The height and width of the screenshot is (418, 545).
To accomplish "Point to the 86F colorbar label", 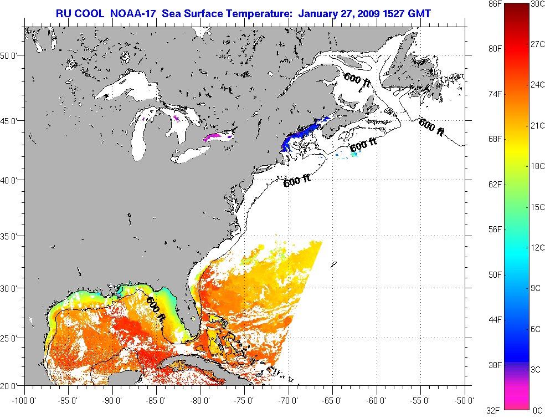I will point(495,4).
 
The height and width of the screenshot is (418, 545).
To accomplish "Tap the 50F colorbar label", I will point(495,274).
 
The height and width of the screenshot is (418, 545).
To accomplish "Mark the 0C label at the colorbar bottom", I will point(537,410).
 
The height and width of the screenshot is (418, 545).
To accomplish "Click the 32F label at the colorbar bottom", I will point(495,410).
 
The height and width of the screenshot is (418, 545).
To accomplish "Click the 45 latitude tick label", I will point(12,120).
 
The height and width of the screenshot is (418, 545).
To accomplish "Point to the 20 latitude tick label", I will point(12,385).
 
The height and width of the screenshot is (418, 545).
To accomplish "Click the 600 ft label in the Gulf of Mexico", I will point(156,309).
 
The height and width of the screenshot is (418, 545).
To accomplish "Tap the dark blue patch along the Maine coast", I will point(299,136).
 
